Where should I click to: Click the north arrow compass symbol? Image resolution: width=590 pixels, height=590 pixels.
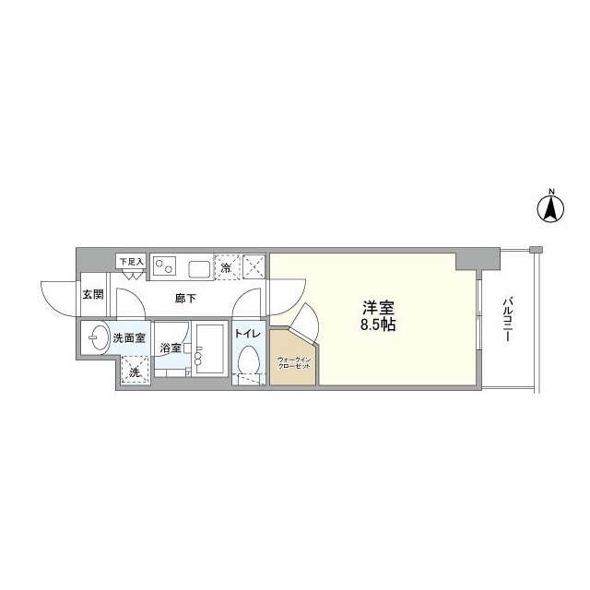click(551, 207)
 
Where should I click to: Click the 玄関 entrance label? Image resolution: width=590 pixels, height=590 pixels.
click(91, 296)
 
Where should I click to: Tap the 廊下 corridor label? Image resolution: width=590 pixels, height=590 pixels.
click(186, 298)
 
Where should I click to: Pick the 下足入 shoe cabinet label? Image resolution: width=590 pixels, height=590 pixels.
click(131, 263)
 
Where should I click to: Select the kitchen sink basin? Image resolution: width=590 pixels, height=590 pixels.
click(200, 268)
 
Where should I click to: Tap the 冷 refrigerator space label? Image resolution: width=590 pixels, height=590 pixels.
click(227, 267)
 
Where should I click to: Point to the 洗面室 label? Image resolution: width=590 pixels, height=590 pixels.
click(129, 338)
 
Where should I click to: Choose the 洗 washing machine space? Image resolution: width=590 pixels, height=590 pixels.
click(135, 372)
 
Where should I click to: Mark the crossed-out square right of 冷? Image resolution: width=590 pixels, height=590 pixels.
click(254, 266)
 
